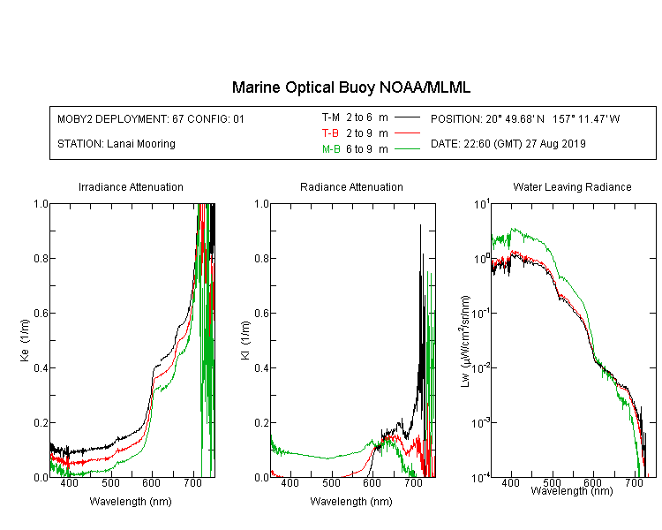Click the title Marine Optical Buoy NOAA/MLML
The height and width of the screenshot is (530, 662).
tap(350, 87)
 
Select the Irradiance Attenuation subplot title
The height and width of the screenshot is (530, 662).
tap(131, 186)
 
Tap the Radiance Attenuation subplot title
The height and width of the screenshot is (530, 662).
tap(351, 186)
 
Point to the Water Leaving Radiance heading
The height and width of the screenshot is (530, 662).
tap(572, 186)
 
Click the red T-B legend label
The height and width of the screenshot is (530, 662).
tap(330, 133)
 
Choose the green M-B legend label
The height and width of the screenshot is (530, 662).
tap(331, 148)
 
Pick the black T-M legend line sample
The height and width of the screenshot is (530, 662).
tap(407, 117)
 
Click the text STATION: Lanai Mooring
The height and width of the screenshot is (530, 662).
tap(117, 144)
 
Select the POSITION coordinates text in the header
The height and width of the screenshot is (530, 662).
tap(525, 118)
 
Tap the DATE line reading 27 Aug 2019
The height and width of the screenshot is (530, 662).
tap(508, 144)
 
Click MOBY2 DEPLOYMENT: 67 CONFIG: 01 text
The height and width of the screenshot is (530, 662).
tap(151, 118)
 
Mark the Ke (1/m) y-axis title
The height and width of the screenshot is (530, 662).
tap(25, 340)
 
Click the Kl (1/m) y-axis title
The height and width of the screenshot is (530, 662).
tap(245, 340)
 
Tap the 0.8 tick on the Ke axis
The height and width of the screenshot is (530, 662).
tap(41, 258)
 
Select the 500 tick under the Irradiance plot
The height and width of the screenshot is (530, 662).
tap(110, 483)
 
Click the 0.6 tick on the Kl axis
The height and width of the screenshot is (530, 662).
tap(262, 314)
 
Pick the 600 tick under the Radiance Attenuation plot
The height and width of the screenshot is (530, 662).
tap(372, 483)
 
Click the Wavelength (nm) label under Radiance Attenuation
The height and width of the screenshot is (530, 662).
tap(351, 502)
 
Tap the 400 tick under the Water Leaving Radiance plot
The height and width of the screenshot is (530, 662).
tap(511, 482)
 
